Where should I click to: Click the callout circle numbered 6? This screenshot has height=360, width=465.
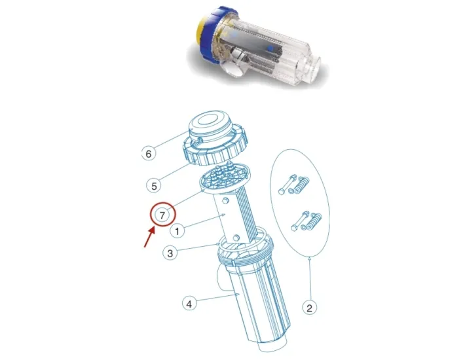pos(150,154)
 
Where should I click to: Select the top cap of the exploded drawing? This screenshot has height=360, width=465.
pos(213,128)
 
